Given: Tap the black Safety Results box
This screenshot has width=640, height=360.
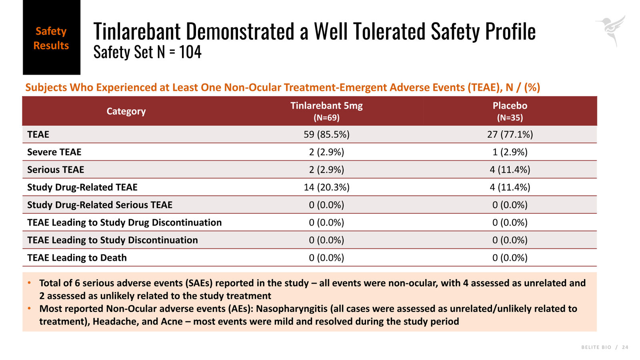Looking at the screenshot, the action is [x=52, y=38].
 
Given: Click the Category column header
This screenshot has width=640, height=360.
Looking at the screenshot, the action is [x=126, y=111].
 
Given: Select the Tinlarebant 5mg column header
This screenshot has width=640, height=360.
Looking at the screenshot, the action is [x=326, y=111].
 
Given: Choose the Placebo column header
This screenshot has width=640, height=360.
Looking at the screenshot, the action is [x=510, y=111].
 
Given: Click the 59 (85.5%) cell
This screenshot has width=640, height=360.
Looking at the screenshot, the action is [x=326, y=134].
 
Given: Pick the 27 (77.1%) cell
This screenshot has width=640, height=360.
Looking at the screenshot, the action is [x=510, y=134].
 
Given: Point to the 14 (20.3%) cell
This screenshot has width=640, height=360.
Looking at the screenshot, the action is [x=326, y=187].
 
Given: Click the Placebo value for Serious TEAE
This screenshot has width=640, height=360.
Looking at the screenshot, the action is [x=510, y=170].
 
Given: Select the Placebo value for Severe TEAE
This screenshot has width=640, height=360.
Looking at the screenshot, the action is [x=510, y=152].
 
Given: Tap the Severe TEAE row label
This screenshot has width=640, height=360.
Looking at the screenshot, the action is [x=54, y=152].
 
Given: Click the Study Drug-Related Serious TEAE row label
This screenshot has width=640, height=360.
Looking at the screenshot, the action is [x=100, y=205].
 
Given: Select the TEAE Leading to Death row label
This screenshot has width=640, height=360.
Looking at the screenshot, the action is [x=77, y=258].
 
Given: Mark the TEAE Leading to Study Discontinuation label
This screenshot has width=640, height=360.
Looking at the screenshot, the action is [x=112, y=240].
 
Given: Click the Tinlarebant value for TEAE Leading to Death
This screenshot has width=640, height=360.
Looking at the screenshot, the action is [x=326, y=258].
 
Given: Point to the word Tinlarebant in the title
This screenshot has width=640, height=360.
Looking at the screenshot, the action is [x=137, y=31].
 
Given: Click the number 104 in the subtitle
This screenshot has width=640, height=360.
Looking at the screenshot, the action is [x=190, y=52].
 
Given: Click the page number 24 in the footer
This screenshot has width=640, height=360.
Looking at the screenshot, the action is [x=625, y=347].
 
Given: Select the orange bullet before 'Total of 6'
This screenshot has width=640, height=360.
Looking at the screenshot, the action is [x=29, y=283].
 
